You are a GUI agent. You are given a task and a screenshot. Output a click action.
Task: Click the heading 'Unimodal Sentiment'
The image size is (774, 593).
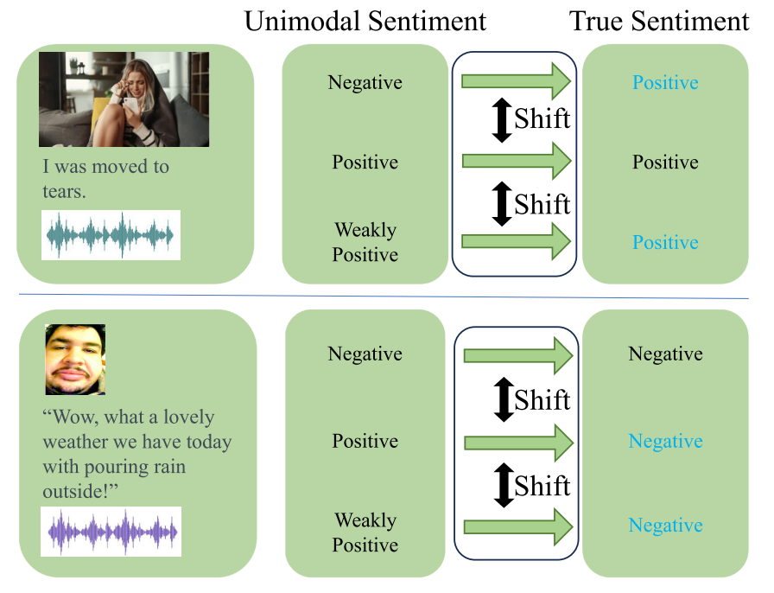point(365,22)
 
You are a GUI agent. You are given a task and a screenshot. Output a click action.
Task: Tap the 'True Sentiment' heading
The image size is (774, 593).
point(659,22)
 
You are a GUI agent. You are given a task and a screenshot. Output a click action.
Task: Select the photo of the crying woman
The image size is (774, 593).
point(124,99)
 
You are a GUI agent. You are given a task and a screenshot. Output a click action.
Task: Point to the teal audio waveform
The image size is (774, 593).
point(111,235)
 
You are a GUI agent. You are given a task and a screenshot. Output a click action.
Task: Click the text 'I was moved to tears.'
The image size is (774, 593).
point(105,178)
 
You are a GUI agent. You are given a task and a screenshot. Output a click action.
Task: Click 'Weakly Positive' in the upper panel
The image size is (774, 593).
point(365,243)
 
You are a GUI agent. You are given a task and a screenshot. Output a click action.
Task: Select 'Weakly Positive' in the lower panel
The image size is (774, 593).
point(365,532)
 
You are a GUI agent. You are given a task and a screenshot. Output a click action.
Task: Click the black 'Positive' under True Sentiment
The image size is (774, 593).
point(665,163)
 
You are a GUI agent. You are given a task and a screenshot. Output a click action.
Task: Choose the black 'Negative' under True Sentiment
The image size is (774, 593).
point(665,354)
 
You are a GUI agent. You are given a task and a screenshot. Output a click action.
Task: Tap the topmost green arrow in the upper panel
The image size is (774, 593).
point(517,81)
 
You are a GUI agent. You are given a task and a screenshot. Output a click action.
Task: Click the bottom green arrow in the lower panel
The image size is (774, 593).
point(518,526)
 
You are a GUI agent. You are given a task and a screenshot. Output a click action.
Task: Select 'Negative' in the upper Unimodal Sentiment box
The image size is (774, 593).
point(365,83)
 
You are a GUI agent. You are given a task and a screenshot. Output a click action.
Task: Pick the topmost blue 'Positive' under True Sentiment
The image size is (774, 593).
point(665,83)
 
